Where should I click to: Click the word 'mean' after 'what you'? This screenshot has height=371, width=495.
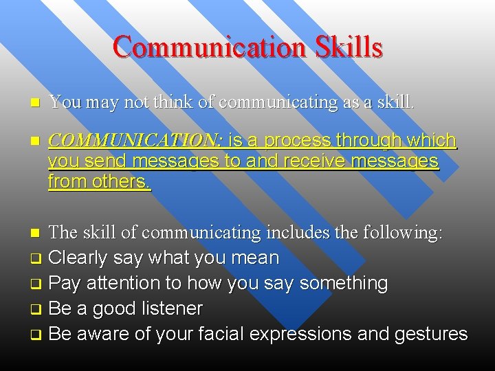coord(256,258)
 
